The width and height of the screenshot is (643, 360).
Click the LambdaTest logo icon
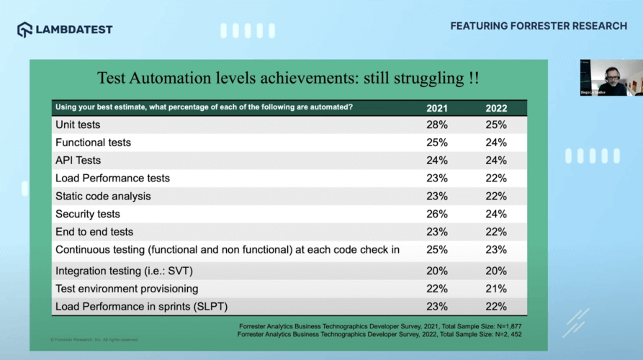click(25, 30)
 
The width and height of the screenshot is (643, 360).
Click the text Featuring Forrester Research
click(539, 26)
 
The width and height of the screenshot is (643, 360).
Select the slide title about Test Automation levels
click(288, 78)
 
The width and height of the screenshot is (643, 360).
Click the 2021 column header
click(437, 108)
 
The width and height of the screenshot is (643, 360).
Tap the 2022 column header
click(496, 108)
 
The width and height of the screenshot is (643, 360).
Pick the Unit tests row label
click(78, 125)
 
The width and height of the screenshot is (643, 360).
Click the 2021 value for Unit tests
click(437, 125)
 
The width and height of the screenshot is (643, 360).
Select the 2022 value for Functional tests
click(496, 143)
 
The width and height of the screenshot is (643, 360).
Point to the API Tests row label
click(78, 161)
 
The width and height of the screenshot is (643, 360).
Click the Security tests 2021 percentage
click(437, 214)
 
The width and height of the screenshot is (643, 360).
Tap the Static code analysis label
click(103, 196)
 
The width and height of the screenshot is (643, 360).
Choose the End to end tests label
click(94, 232)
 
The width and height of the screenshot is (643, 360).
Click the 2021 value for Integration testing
click(437, 271)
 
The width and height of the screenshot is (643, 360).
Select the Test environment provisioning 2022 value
click(496, 289)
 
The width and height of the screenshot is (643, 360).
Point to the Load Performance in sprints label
click(141, 307)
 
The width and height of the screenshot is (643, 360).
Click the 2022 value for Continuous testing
click(496, 250)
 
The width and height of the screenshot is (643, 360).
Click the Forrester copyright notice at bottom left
click(94, 340)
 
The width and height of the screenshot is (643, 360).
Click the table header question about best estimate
click(204, 108)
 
